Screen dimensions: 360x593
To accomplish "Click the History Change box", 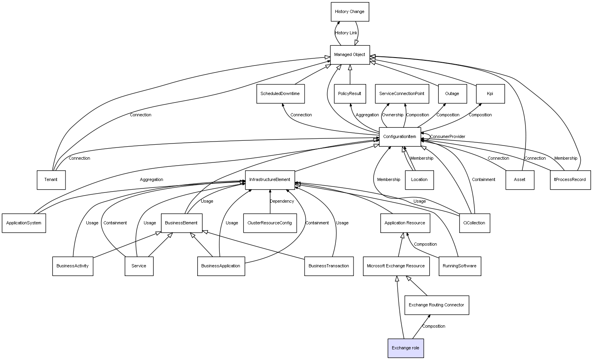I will coord(350,12).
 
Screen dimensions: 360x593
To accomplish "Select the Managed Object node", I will coord(350,55).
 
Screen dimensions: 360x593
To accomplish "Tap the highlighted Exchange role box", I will coord(406,348).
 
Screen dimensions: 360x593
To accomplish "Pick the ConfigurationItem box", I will coord(400,137).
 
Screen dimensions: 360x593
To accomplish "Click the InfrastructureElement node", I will coord(270,180).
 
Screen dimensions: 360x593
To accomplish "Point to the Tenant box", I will coord(51,180).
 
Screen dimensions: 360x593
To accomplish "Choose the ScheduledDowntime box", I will coord(280,94).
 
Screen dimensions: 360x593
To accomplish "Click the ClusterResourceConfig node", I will coord(270,223).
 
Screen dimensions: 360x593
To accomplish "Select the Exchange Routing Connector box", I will coord(436,305).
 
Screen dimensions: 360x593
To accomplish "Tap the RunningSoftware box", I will coord(460,266).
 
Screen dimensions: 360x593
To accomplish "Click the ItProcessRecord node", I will coord(570,180).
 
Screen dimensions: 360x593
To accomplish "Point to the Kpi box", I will coord(490,94).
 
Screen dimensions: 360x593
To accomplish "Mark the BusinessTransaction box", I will coord(329,266).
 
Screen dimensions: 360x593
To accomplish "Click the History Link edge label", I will coord(346,33).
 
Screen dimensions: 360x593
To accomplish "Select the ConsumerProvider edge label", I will coord(447,137).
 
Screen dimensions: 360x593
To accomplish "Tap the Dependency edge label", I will coord(282,201).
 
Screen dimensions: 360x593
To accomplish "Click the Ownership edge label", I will coord(393,115).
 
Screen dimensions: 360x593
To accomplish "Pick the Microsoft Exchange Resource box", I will coord(396,266).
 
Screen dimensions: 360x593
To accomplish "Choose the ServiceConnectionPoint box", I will coord(402,94).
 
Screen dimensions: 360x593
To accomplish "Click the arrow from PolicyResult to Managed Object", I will coord(350,75).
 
